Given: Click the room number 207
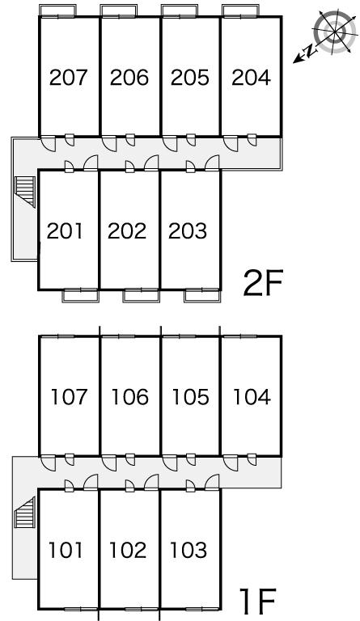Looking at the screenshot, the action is (x=68, y=78).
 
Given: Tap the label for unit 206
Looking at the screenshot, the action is (x=129, y=78).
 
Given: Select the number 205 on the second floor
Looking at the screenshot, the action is (x=189, y=78).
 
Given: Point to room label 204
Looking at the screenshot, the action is (x=251, y=78).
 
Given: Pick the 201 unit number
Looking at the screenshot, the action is (x=65, y=231).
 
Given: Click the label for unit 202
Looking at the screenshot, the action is (x=127, y=231).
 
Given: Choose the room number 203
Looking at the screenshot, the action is (x=188, y=231).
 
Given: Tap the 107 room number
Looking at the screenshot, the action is (x=69, y=397).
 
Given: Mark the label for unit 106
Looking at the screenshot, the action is (x=130, y=397).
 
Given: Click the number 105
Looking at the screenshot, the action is (x=190, y=397).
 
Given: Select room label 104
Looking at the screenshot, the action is (x=252, y=397).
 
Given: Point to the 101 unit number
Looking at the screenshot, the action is (x=66, y=550).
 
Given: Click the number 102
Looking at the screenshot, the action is (x=128, y=550).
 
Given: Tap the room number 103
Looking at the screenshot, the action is (x=188, y=550).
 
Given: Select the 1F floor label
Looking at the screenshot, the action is (x=257, y=601).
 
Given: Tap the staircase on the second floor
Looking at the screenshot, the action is (x=25, y=192).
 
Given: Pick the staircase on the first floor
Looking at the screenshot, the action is (x=25, y=513).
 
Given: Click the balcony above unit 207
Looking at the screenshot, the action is (x=57, y=11).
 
